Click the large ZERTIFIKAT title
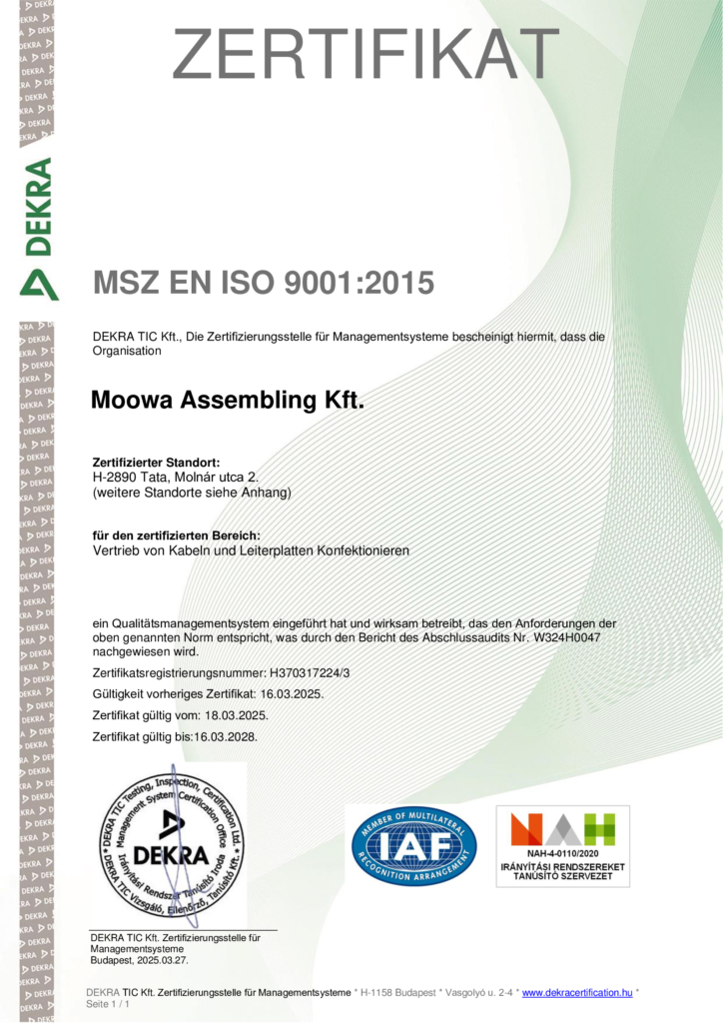point(365,55)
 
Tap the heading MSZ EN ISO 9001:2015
point(264,283)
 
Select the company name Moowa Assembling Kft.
point(228,402)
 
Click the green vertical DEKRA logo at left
point(38,228)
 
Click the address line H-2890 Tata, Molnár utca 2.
point(175,479)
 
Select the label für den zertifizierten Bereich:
point(176,536)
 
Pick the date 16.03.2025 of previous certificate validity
point(290,694)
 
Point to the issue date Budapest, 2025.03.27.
point(139,960)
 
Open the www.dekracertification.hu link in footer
point(577,992)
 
